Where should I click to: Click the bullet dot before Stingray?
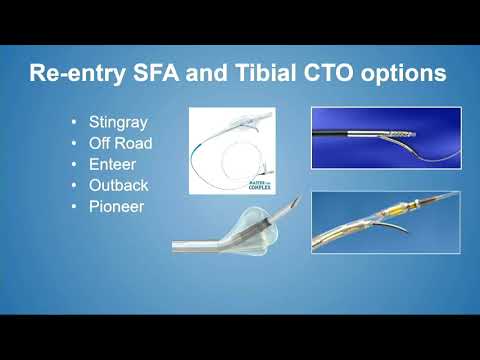(74, 122)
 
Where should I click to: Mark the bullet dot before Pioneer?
(74, 206)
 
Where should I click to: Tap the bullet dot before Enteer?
(74, 164)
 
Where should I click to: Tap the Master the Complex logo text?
(259, 181)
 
